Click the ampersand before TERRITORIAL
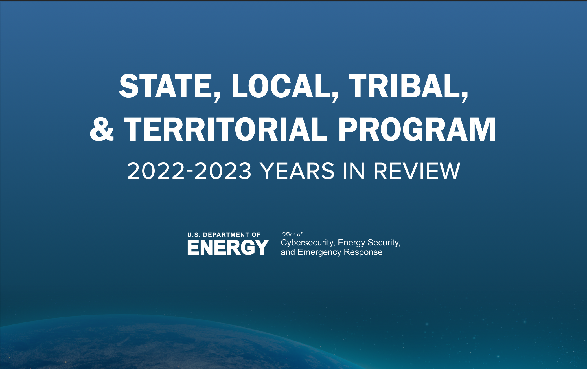[102, 129]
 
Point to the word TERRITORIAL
[225, 129]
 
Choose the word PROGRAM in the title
[417, 129]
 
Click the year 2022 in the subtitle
[155, 171]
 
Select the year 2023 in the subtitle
[223, 171]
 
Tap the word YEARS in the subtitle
[297, 171]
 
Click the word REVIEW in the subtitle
[417, 171]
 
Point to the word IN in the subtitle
[354, 171]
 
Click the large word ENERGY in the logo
[228, 247]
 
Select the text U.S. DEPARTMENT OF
[224, 235]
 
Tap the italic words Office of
[292, 234]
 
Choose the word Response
[363, 252]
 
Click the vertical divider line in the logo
[275, 244]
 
